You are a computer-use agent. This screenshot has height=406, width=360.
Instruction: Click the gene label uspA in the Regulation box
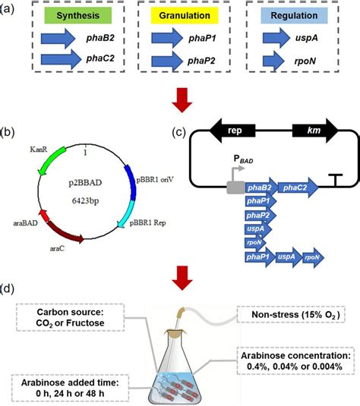point(311,37)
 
